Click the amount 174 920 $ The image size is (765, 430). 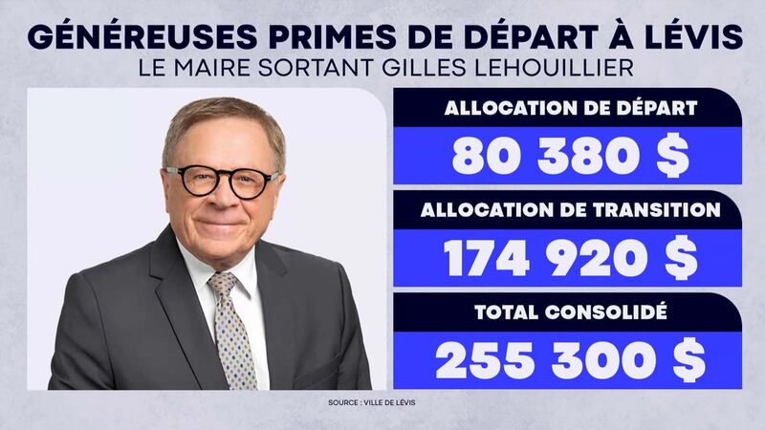click(x=570, y=259)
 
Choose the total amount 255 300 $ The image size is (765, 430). click(x=570, y=360)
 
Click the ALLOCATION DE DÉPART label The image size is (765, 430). click(x=570, y=107)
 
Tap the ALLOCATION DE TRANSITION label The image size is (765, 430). click(x=570, y=209)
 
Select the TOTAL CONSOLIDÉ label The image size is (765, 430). click(x=570, y=311)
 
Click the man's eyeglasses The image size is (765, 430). click(x=223, y=181)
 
